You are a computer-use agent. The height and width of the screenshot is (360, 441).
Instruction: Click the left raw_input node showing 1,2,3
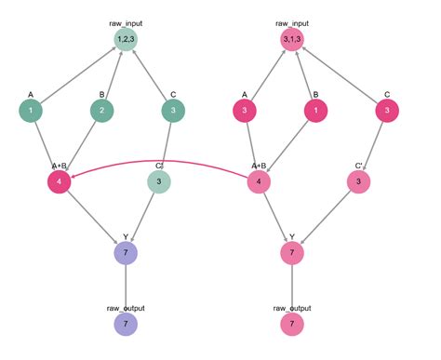point(126,39)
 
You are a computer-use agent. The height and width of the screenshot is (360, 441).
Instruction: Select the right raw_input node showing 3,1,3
point(292,39)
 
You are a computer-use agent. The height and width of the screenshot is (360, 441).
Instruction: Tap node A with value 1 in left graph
point(32,111)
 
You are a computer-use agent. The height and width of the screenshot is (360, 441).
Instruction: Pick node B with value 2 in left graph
point(102,111)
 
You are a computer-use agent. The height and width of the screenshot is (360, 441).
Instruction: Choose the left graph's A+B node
point(60,181)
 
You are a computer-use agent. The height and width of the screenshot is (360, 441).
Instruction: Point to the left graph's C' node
point(159,181)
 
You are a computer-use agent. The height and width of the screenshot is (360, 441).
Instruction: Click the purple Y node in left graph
point(126,252)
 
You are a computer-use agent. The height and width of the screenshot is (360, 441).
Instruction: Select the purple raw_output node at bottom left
point(126,323)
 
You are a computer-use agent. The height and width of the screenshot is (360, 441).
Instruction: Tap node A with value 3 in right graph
point(245,111)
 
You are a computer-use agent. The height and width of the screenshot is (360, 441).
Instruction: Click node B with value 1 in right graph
point(316,111)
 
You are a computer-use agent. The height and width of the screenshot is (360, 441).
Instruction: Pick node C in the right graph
point(386,111)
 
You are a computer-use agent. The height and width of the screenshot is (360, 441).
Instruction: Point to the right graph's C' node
point(358,181)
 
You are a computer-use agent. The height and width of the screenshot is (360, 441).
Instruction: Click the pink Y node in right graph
point(292,252)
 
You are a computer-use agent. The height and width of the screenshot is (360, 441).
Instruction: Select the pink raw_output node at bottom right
point(292,323)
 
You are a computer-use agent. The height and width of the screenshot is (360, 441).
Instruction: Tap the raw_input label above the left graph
point(126,18)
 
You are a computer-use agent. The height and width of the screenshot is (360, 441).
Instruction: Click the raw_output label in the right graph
point(292,307)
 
